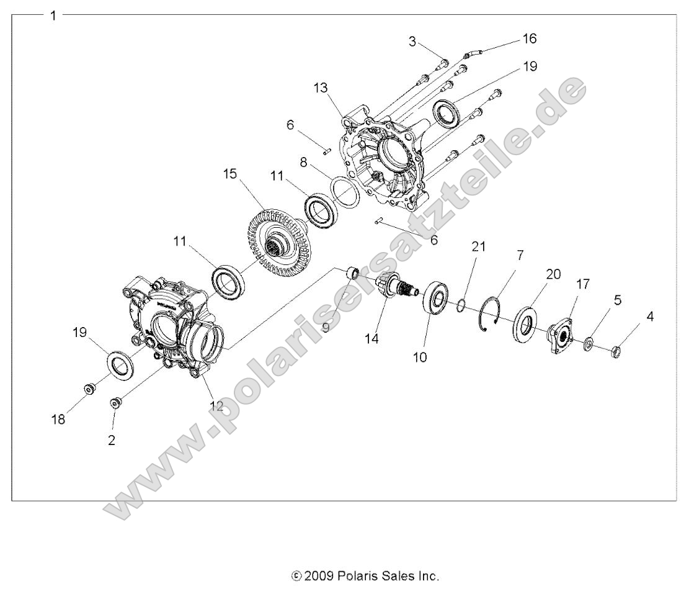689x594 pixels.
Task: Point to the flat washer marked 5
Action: click(588, 343)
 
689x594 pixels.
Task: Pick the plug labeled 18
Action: click(90, 390)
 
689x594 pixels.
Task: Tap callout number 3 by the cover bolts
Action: click(412, 42)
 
